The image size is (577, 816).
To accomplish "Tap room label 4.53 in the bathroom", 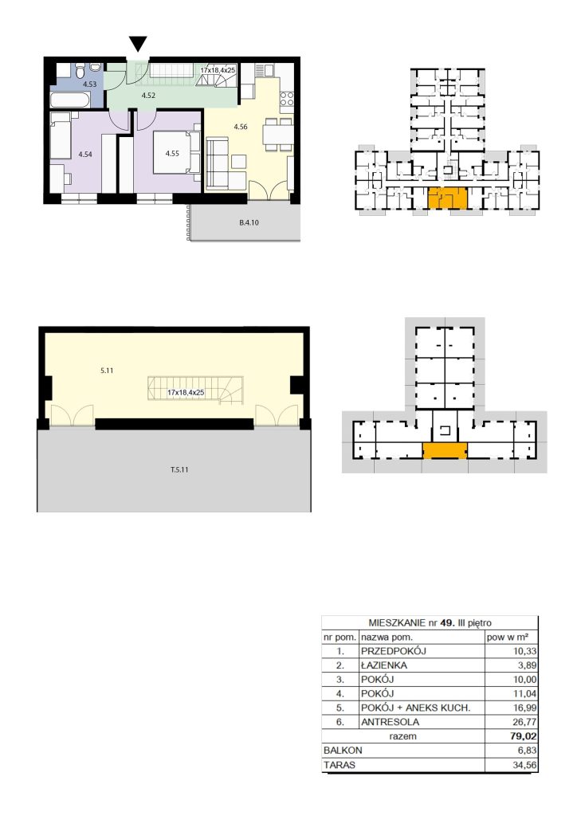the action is point(89,84).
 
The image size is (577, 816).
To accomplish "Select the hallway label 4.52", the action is point(148,96).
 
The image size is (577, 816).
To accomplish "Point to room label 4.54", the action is point(84,154).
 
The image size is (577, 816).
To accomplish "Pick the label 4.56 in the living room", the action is point(241,127).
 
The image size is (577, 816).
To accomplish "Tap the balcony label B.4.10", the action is point(249,222).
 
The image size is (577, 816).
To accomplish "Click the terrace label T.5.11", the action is point(179,469).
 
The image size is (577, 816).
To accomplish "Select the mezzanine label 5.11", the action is point(107,371).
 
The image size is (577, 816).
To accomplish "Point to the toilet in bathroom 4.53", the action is point(80,69).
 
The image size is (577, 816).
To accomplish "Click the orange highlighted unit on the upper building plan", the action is point(447,198).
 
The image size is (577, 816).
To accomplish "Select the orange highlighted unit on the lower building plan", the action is point(445,451).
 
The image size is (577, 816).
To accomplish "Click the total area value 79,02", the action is point(524,736).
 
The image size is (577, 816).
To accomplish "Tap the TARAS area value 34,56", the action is point(524,765).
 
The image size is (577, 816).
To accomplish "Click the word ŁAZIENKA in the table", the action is point(384,665).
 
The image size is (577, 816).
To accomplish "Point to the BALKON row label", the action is point(343,751).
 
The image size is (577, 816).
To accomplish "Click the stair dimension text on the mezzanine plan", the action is point(186,392).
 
